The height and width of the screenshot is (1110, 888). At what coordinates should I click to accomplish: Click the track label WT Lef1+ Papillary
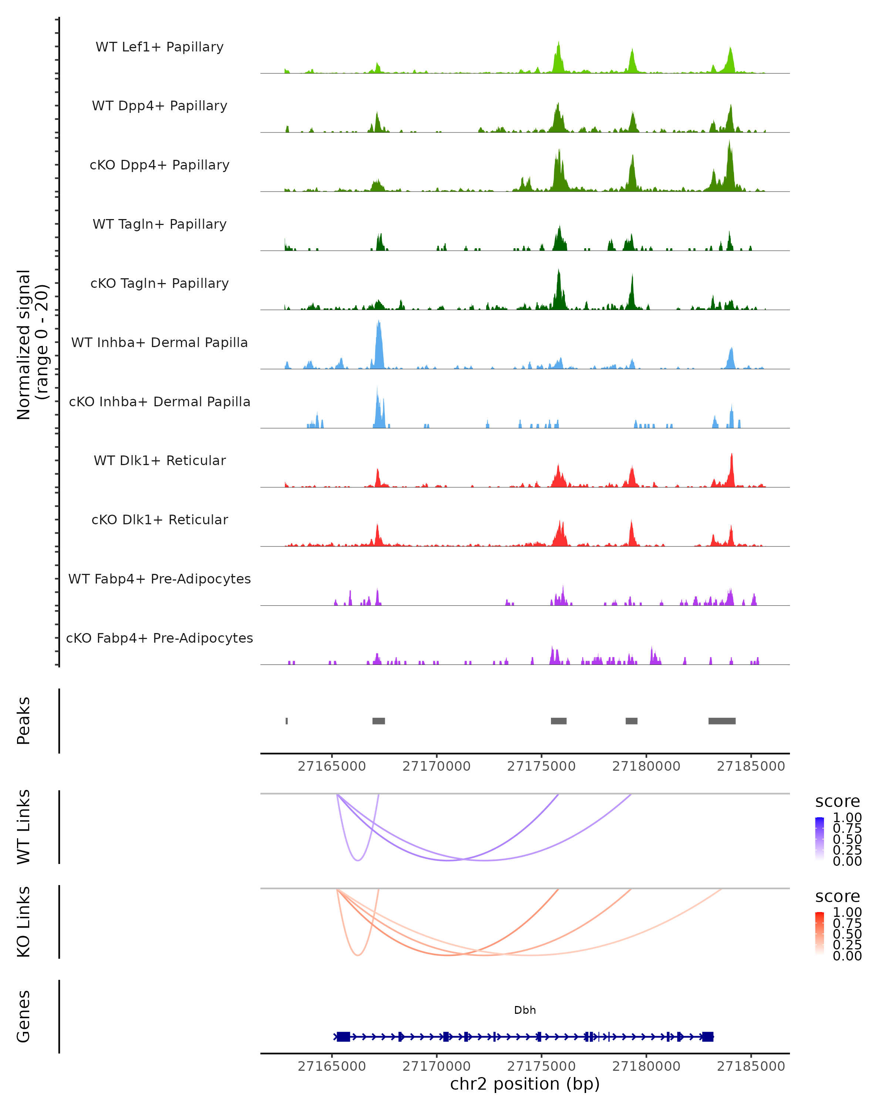click(x=159, y=47)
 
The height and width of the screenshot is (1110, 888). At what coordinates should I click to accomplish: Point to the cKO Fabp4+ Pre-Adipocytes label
click(x=159, y=638)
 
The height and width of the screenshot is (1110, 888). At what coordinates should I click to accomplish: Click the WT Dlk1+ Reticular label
click(x=159, y=460)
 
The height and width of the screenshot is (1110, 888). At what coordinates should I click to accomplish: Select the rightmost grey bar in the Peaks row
click(x=722, y=721)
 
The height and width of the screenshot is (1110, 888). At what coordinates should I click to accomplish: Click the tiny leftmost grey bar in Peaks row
click(x=287, y=721)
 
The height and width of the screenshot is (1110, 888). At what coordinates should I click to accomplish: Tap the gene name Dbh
click(x=525, y=1010)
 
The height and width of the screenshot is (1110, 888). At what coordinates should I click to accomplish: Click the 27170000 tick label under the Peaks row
click(x=437, y=766)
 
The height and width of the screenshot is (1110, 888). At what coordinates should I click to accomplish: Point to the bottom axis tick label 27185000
click(x=751, y=1066)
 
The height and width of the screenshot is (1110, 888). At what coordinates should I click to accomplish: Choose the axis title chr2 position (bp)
click(x=525, y=1084)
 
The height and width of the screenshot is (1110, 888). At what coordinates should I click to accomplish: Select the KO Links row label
click(x=24, y=922)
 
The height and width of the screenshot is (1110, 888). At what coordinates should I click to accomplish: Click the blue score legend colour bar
click(x=820, y=838)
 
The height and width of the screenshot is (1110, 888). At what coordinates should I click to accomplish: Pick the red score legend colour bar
click(x=820, y=933)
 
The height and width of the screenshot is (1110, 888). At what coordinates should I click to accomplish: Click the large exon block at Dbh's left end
click(x=343, y=1036)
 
